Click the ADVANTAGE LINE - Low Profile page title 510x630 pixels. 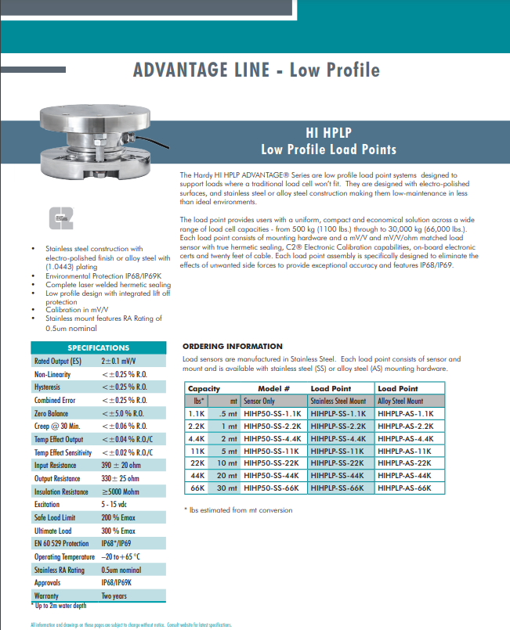pos(256,70)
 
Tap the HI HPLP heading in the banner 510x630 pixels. pos(328,133)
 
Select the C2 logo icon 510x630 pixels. pos(60,218)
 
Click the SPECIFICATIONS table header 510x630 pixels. pos(98,347)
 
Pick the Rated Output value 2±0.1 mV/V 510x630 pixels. pos(118,362)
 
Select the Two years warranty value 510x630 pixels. pos(114,596)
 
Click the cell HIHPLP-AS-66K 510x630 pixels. pos(405,488)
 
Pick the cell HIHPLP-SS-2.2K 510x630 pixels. pos(338,426)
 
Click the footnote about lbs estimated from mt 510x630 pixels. pos(237,510)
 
